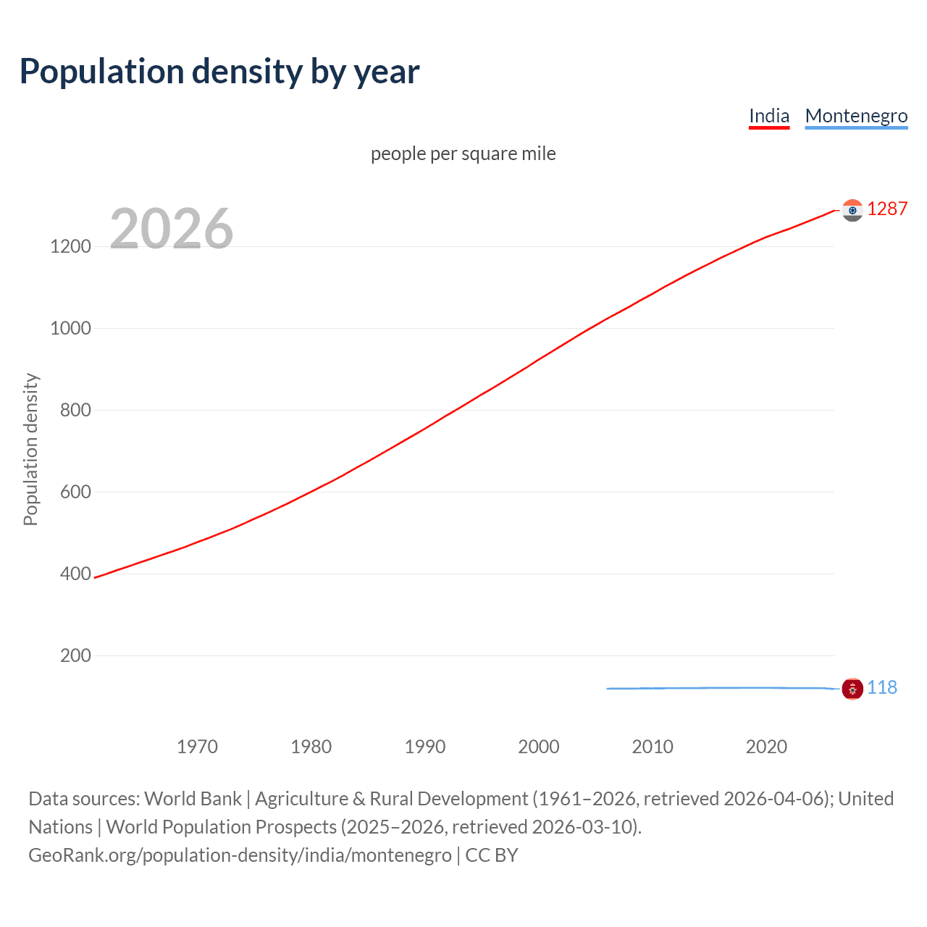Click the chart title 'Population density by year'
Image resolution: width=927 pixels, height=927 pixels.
coord(219,72)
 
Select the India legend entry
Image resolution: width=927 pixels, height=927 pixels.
coord(768,116)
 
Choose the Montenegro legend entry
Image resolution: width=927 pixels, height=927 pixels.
coord(856,116)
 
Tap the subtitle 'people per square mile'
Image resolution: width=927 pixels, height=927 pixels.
coord(463,154)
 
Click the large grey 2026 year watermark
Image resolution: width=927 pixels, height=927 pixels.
coord(172,229)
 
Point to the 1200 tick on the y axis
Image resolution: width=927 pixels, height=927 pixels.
coord(71,246)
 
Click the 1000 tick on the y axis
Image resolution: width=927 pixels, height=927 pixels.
coord(71,328)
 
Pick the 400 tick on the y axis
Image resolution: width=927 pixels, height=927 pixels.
coord(75,574)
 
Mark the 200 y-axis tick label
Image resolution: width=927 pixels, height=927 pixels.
coord(75,655)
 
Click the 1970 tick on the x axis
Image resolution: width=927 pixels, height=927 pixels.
coord(197,747)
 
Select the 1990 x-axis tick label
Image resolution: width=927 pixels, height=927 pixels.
coord(425,747)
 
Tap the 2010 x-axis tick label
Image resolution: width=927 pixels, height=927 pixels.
coord(653,747)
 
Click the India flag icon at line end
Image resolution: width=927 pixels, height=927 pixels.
coord(852,210)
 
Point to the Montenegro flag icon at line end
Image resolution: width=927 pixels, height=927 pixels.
coord(852,689)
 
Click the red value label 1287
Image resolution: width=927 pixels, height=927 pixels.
coord(887,209)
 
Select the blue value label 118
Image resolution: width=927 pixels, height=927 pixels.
coord(882,687)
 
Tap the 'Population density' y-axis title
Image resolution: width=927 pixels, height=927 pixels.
coord(30,449)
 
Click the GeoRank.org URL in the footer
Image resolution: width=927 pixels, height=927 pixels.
coord(240,855)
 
